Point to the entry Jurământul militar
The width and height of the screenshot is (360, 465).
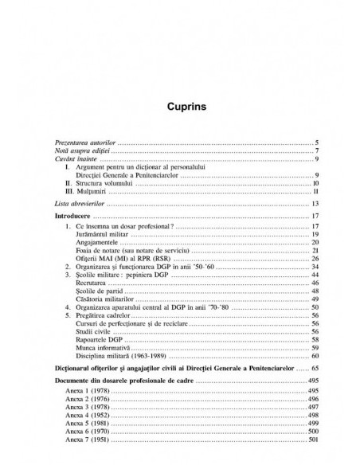pos(104,236)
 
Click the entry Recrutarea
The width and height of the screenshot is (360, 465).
pos(96,283)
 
